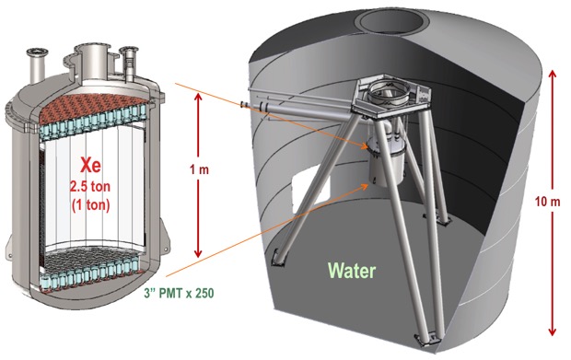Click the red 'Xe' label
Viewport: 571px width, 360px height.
tap(90, 166)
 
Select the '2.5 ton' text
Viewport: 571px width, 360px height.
tap(90, 187)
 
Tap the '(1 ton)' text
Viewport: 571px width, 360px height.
tap(90, 205)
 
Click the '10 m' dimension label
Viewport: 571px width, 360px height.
tap(547, 202)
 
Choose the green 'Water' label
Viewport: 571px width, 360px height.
tap(352, 271)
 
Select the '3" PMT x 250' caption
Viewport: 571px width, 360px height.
tap(179, 293)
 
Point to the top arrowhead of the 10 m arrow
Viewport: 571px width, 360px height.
tap(553, 74)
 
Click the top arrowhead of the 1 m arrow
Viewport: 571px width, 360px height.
tap(198, 97)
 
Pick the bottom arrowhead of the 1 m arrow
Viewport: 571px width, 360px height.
tap(198, 253)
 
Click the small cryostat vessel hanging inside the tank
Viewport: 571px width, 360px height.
tap(387, 162)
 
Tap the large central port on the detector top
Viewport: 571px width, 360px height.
tap(92, 56)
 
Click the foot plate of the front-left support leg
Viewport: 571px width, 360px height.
tap(277, 258)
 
